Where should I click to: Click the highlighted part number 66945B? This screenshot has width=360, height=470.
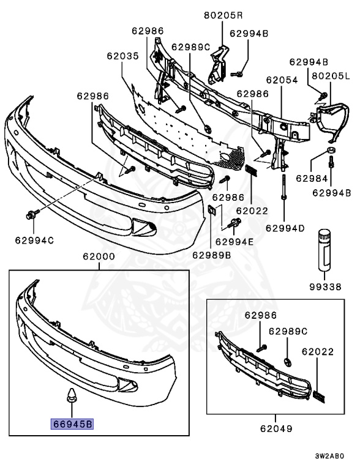tap(72, 422)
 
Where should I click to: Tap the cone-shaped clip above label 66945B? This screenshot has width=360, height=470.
tap(72, 397)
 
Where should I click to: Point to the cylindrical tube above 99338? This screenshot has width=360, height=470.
tap(324, 248)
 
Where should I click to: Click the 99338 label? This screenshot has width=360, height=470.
tap(324, 286)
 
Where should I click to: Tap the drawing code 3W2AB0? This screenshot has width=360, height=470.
tap(330, 457)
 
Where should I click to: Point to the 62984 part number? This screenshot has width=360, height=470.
tap(310, 178)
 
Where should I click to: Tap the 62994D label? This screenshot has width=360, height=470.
tap(285, 228)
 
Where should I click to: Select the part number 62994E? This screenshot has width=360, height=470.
tap(234, 241)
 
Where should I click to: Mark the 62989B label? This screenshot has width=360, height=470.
tap(211, 255)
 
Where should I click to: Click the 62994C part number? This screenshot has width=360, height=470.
tap(34, 240)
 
